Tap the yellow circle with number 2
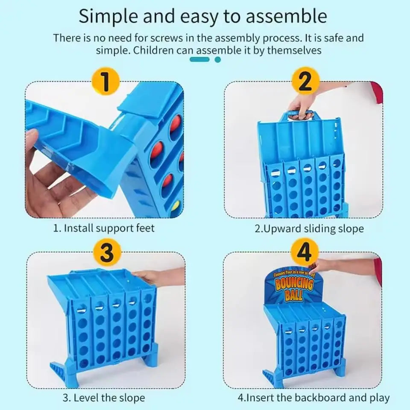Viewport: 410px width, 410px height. tap(305, 81)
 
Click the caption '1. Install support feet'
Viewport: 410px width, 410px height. tap(104, 228)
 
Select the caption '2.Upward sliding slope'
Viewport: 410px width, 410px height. tap(309, 228)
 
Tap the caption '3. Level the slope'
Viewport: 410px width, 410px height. tap(104, 398)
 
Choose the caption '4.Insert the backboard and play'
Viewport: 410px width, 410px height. tap(313, 398)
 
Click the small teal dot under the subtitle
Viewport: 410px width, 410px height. tap(218, 60)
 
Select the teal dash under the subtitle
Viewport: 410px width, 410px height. tap(199, 60)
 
